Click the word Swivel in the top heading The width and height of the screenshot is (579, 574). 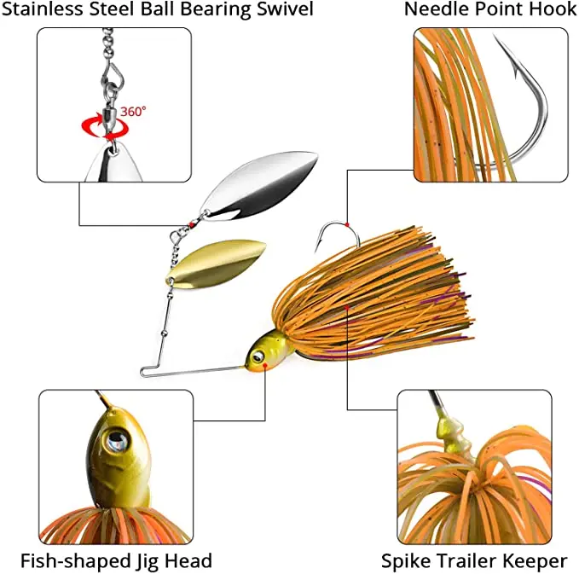285,10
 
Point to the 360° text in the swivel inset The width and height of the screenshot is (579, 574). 133,112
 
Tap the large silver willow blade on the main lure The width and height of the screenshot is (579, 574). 259,182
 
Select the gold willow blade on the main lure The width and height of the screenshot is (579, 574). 217,261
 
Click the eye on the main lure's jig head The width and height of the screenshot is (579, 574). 254,355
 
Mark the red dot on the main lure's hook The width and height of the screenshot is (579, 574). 347,224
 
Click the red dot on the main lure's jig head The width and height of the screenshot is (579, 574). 266,365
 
